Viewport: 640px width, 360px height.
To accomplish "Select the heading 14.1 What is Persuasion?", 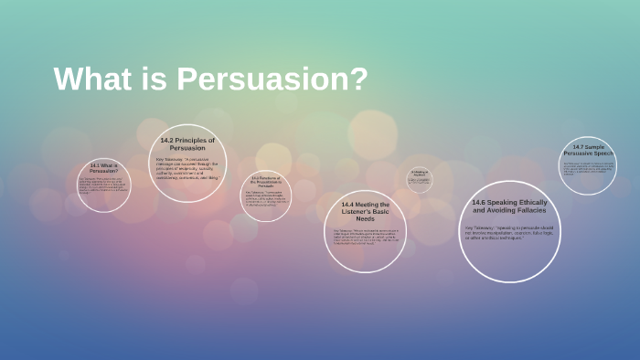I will [103, 167].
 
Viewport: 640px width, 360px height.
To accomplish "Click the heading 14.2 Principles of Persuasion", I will [187, 144].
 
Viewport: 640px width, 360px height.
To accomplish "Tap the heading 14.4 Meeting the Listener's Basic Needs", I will [365, 212].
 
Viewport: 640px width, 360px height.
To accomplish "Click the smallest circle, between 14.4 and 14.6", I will [420, 179].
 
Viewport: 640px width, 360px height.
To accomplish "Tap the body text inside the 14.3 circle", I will [265, 198].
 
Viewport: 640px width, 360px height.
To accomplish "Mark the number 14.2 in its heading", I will [167, 141].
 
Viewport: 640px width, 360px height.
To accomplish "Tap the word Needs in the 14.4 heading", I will [365, 220].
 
